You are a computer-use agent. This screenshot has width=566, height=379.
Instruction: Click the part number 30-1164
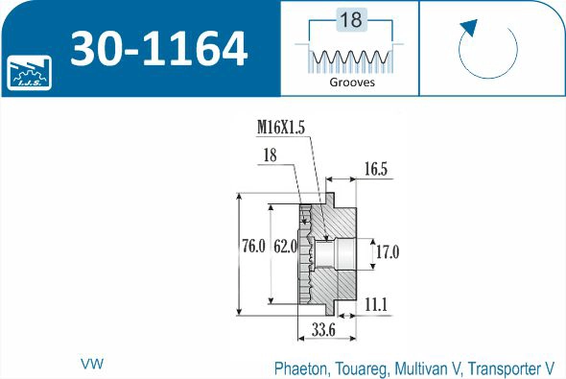158,49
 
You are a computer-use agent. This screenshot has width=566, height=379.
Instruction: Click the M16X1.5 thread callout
282,127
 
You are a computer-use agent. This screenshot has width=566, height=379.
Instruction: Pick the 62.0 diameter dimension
285,247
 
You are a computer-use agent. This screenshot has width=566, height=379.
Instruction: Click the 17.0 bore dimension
387,252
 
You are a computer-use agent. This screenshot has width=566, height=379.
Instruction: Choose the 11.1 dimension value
376,304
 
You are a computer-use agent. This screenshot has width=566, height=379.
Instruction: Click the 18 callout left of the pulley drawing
271,154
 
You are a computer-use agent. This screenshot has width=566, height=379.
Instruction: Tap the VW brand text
92,365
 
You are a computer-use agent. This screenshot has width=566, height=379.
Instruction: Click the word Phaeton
302,367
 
